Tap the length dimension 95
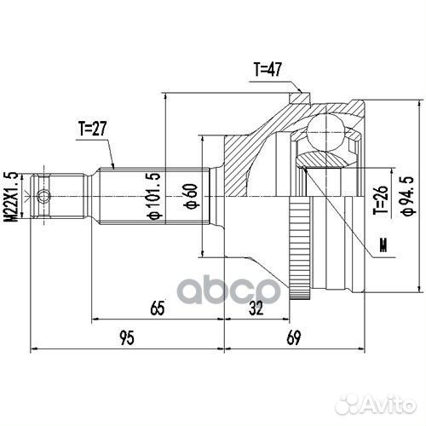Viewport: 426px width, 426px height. click(125, 337)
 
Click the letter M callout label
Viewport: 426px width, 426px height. click(382, 248)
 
